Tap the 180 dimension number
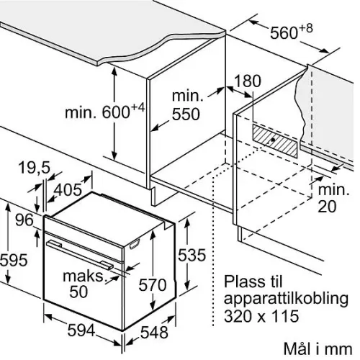[x=247, y=81]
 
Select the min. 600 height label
[x=105, y=111]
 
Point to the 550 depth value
[x=186, y=114]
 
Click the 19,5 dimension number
[x=34, y=167]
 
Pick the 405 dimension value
[x=68, y=189]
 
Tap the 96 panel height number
[x=24, y=220]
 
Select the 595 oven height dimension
[x=14, y=260]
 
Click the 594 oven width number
[x=81, y=330]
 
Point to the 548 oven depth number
[x=154, y=333]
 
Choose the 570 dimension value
[x=153, y=285]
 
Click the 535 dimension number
[x=192, y=255]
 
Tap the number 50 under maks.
[x=78, y=292]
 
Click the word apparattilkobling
[x=286, y=299]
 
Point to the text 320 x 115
[x=261, y=316]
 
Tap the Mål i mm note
[x=318, y=348]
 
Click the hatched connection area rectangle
[x=274, y=141]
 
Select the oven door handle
[x=80, y=255]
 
